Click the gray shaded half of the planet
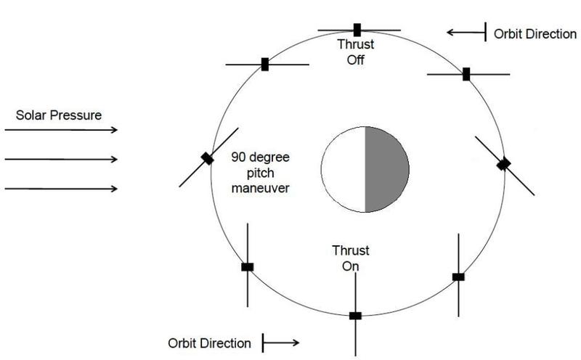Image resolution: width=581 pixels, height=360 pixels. pos(387,168)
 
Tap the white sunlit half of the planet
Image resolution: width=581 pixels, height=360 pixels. pos(343,169)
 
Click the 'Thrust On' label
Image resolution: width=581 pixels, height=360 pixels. pos(351,258)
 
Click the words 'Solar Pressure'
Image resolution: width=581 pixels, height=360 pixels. pos(60,115)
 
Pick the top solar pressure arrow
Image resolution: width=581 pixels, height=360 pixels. pos(61,130)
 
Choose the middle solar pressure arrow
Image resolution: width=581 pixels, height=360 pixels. pos(61,160)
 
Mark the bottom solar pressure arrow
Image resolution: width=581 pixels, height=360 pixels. pos(61,189)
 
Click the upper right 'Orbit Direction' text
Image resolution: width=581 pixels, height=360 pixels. pos(535,34)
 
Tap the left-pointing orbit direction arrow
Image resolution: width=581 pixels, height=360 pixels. pos(466,32)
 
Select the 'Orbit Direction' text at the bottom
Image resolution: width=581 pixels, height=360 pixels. pos(210,343)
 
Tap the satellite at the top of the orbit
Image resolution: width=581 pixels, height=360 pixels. pos(357,30)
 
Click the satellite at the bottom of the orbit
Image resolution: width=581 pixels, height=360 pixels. pos(355,316)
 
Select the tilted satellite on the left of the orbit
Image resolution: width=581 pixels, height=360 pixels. pos(208,158)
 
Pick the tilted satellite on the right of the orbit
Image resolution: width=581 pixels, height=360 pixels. pos(503,165)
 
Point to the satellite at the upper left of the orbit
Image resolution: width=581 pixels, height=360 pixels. pos(266,64)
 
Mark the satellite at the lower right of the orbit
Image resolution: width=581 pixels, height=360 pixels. pos(458,277)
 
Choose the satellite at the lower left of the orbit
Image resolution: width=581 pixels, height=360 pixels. pos(248,267)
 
